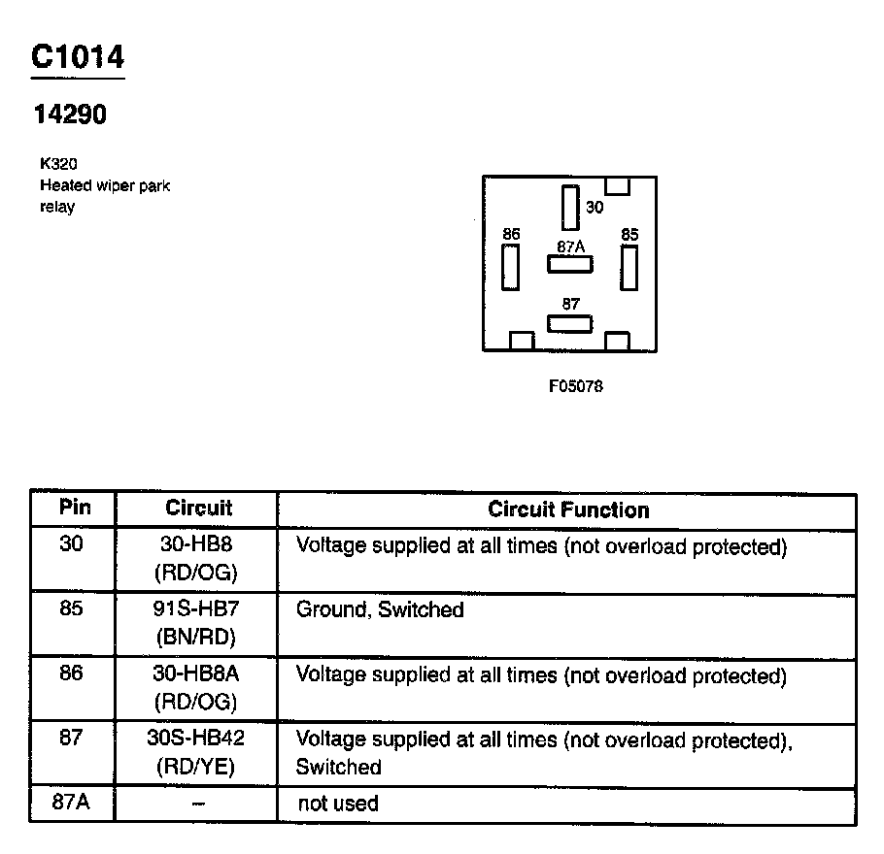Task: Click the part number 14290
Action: point(70,115)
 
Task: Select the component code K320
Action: point(58,165)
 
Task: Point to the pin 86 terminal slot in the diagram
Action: point(511,267)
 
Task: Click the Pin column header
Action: point(74,507)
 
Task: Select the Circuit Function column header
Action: point(568,509)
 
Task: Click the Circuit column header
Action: point(198,508)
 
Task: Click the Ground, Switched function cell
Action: point(380,610)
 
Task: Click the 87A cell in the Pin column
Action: point(72,803)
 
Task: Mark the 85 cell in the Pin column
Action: point(72,609)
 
